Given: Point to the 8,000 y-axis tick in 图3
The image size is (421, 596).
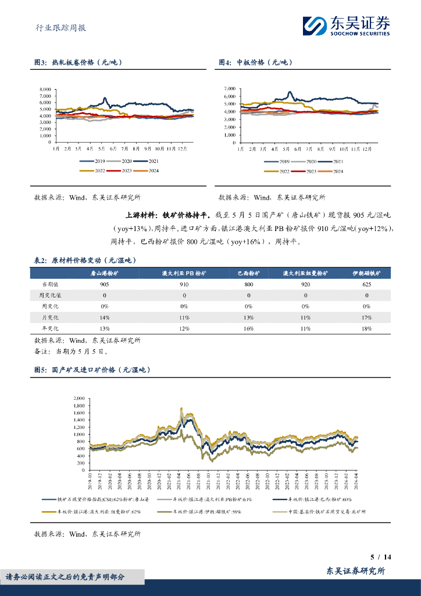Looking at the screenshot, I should (45, 90).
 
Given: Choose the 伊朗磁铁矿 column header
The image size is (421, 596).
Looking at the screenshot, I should (367, 274).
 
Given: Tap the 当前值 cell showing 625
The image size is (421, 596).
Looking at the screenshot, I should (367, 285).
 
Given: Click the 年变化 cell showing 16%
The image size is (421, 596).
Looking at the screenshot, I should (249, 329).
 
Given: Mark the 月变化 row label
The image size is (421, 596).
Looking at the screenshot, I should (50, 318).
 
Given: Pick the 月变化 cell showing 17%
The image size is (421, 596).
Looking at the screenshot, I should (367, 318).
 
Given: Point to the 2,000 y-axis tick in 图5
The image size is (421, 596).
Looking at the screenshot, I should (79, 398).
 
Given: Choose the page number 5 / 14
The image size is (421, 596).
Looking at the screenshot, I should (381, 557).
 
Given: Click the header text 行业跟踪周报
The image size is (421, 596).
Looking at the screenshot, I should (57, 27).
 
